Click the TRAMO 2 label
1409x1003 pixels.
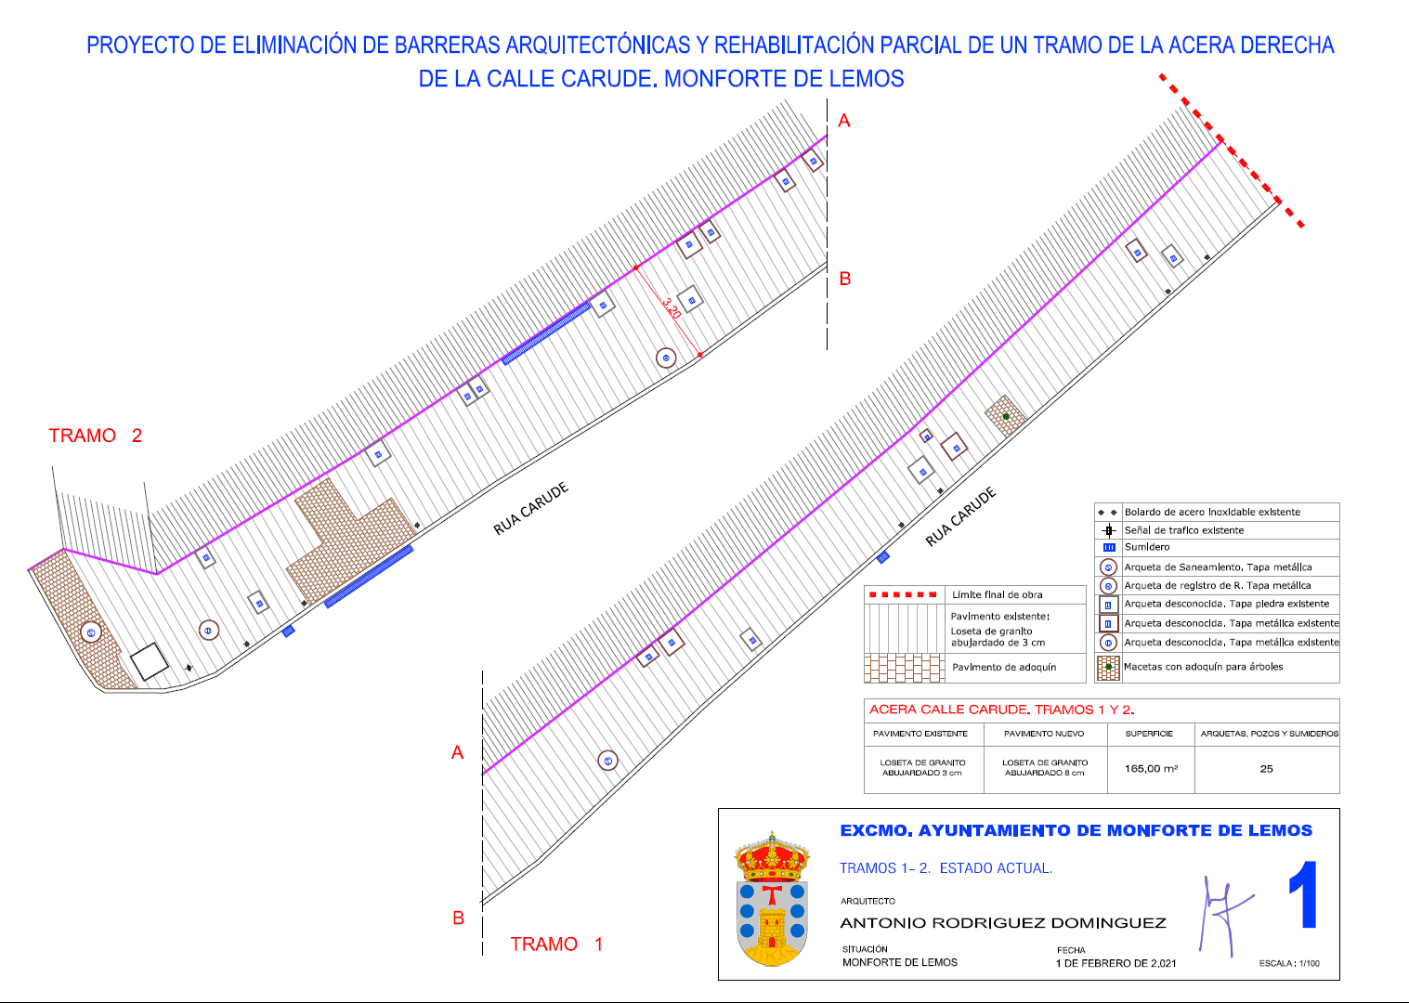click(x=96, y=436)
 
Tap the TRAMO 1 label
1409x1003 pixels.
click(x=556, y=944)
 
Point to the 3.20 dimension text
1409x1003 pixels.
click(x=672, y=308)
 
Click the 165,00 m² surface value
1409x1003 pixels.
click(x=1151, y=768)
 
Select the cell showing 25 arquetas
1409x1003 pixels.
click(x=1266, y=768)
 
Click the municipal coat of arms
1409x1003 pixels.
click(x=772, y=899)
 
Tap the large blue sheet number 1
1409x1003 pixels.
click(x=1303, y=895)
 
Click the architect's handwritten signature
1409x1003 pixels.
click(x=1223, y=915)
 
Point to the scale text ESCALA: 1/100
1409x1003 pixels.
click(x=1289, y=963)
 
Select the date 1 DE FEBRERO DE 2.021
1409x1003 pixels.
click(x=1115, y=963)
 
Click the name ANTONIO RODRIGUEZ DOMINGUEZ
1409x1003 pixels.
click(x=1003, y=923)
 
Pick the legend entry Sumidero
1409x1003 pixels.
click(x=1147, y=547)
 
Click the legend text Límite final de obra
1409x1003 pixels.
click(x=997, y=595)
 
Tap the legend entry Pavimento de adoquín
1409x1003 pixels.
click(x=1004, y=667)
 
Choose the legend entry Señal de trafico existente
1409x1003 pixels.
click(x=1184, y=530)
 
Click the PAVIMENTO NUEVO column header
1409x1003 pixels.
click(x=1044, y=734)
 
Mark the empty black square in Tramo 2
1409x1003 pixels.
click(x=150, y=661)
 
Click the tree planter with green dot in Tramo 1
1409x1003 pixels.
click(x=1005, y=416)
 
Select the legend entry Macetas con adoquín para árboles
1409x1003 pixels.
click(x=1203, y=667)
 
